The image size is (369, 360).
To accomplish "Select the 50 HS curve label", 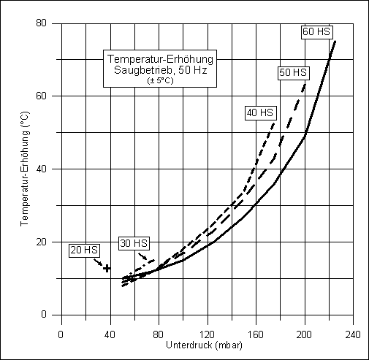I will tap(293, 72).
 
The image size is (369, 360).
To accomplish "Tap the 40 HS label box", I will tap(260, 112).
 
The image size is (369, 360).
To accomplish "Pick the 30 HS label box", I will tap(134, 243).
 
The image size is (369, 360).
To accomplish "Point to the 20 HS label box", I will tap(84, 250).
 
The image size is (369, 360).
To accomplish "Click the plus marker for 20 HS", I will tap(107, 268).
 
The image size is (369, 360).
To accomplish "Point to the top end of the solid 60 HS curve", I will tap(335, 41).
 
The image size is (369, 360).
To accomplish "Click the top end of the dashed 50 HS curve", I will tap(305, 82).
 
